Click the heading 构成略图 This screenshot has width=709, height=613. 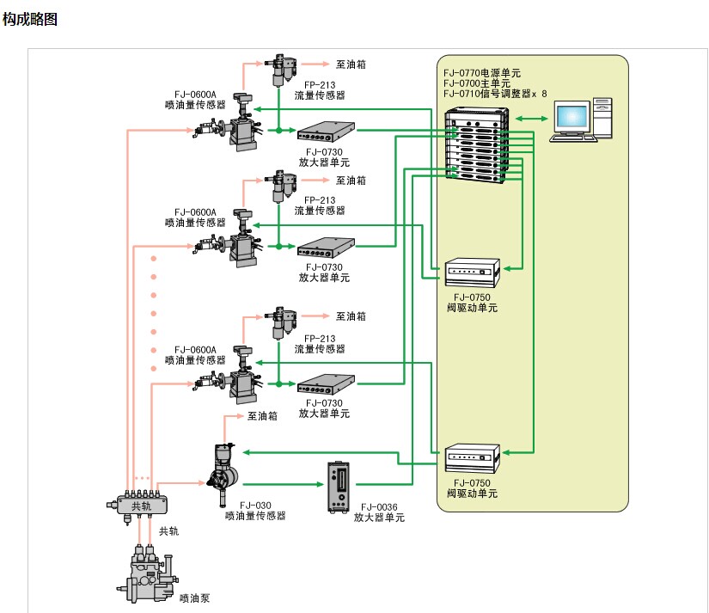click(x=30, y=19)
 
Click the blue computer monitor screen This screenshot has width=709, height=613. click(x=572, y=117)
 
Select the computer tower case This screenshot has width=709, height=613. click(x=602, y=118)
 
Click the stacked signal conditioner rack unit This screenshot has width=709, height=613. click(x=477, y=145)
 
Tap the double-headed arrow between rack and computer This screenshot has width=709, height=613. click(x=531, y=119)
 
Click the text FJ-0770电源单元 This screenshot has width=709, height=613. click(x=482, y=73)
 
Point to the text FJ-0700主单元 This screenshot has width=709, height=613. click(x=477, y=83)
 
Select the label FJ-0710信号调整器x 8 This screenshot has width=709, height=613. click(x=495, y=94)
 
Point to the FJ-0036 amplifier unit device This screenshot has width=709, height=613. click(x=339, y=487)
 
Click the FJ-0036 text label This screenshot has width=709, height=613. click(x=379, y=507)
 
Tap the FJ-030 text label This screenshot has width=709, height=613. click(x=255, y=506)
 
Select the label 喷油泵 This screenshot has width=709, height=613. click(x=194, y=598)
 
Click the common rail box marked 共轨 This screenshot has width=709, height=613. click(x=142, y=506)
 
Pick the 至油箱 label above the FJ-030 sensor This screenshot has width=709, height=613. click(x=262, y=416)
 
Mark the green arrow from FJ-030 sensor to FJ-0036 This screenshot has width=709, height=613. click(x=284, y=484)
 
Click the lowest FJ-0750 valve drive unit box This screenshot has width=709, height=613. click(x=472, y=459)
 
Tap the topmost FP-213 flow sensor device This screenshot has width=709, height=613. click(x=281, y=70)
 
